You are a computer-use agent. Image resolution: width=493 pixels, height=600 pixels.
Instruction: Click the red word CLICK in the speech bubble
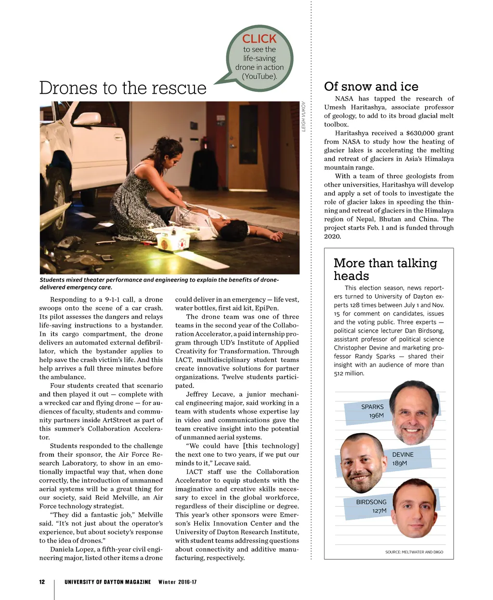click(259, 39)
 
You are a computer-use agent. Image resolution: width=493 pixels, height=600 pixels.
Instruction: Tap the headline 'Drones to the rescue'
click(123, 88)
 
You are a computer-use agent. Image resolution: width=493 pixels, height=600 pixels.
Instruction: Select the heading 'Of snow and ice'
click(371, 87)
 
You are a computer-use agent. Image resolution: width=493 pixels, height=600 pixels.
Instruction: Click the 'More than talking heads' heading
click(385, 269)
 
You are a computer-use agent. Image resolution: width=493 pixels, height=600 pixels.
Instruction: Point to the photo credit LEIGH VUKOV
click(304, 116)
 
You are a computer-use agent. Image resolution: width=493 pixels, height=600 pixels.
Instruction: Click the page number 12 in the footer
click(42, 582)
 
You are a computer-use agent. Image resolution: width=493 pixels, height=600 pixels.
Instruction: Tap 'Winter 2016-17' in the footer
click(177, 582)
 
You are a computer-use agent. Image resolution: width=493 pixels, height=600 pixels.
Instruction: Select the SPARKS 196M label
click(373, 411)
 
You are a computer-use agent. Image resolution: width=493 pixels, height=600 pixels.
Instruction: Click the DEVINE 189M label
click(402, 459)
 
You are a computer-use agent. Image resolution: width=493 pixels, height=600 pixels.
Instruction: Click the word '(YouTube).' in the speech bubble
click(259, 76)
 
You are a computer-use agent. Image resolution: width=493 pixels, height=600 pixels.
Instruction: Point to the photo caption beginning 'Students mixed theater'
click(159, 283)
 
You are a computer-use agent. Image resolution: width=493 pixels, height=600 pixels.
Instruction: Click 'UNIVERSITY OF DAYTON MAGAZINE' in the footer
click(107, 582)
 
